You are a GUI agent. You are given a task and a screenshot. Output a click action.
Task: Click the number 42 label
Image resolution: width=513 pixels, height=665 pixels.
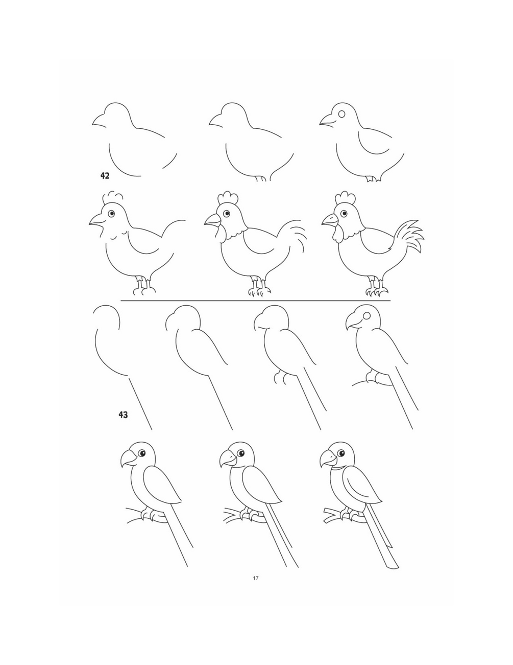pos(105,176)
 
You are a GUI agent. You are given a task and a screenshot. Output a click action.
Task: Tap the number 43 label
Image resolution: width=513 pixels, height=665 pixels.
pos(123,415)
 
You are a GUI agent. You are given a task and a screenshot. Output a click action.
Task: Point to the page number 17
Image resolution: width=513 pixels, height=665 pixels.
pos(256,579)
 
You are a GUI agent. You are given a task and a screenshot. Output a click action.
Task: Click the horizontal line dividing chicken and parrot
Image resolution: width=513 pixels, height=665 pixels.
pos(255,301)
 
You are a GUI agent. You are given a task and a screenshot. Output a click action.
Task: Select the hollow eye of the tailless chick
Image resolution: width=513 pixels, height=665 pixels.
pos(342,114)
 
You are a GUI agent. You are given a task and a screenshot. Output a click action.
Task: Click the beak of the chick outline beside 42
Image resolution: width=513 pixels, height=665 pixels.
pos(99,121)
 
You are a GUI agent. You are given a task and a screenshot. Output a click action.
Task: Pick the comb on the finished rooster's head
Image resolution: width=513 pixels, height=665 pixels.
pos(345,198)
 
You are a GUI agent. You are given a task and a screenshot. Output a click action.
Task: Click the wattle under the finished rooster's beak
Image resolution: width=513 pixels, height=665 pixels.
pos(337,235)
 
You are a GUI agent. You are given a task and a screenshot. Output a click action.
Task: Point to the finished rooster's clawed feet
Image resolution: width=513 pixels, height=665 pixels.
pos(377,289)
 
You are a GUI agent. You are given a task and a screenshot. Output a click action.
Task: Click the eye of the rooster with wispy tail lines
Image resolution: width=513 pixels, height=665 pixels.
pos(227,213)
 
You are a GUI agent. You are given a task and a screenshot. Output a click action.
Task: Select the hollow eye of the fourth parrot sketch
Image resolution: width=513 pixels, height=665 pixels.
pos(367,315)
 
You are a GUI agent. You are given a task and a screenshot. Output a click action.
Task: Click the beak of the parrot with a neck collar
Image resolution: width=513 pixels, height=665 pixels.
pos(327,461)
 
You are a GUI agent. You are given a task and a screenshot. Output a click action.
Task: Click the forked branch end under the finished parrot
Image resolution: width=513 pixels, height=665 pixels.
pos(329,515)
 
